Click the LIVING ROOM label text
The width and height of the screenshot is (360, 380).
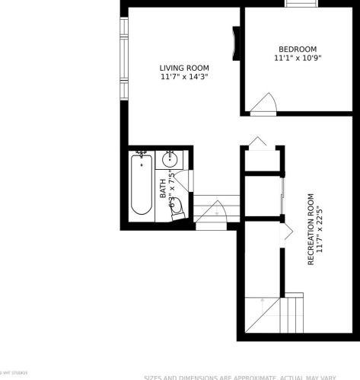[184, 67]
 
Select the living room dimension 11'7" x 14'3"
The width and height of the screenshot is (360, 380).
[184, 77]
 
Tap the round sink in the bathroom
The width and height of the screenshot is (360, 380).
[170, 161]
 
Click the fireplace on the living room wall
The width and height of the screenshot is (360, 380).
[236, 46]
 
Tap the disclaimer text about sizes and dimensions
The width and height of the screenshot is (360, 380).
[250, 377]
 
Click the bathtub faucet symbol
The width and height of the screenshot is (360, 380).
[141, 155]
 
